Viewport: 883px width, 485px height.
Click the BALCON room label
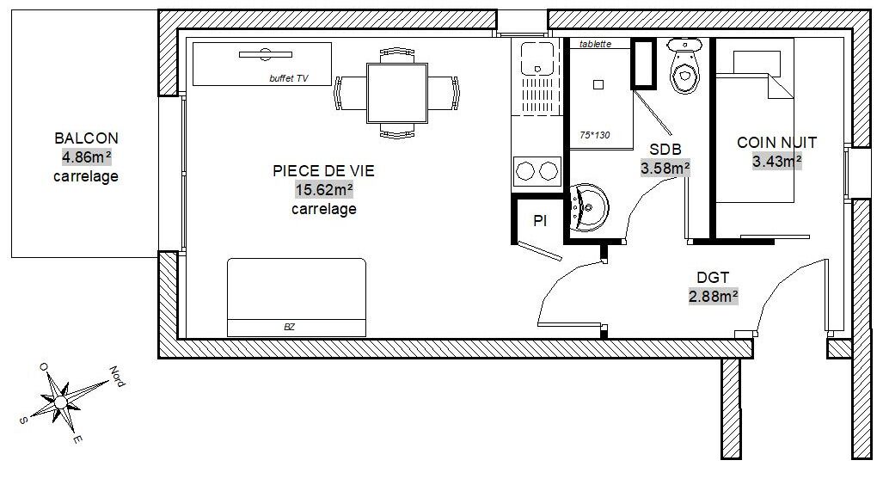click(86, 138)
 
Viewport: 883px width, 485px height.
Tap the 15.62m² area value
click(324, 190)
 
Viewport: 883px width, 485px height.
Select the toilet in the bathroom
click(684, 65)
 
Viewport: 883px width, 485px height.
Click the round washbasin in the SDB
click(588, 207)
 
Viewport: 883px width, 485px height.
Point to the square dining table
click(397, 93)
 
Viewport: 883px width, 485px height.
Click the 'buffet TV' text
click(289, 79)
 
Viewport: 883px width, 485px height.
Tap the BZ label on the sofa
click(290, 327)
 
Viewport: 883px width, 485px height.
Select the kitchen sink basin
click(537, 58)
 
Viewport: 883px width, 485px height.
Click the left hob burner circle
click(524, 171)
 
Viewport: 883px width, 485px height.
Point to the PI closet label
click(539, 221)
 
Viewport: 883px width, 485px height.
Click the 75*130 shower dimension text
click(595, 135)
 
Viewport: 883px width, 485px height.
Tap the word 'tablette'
click(595, 44)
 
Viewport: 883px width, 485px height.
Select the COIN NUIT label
click(776, 143)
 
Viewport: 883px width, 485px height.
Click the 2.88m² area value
click(713, 297)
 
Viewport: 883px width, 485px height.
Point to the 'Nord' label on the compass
click(117, 377)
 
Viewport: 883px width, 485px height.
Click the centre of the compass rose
click(60, 402)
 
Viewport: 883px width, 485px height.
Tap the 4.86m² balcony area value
click(86, 157)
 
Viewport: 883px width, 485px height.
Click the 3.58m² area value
click(665, 169)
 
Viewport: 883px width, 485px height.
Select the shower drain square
click(598, 85)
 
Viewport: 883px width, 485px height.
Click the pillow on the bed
click(757, 63)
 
